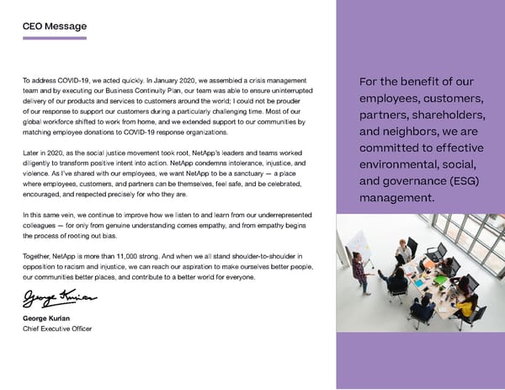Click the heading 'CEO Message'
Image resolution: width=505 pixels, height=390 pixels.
54,26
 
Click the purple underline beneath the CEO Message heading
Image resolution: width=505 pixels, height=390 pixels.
54,38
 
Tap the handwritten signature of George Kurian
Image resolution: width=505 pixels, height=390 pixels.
59,299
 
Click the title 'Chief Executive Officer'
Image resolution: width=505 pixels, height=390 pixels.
56,329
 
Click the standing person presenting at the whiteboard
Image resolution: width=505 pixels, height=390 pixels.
361,271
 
